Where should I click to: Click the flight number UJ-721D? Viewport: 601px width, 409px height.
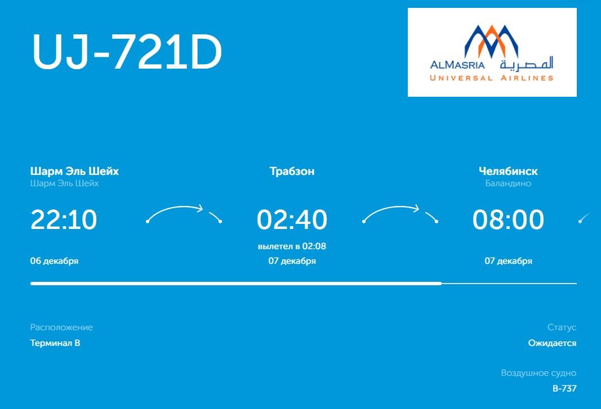click(127, 52)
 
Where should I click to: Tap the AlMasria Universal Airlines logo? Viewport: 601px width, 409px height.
click(492, 52)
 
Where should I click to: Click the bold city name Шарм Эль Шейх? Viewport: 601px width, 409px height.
click(74, 171)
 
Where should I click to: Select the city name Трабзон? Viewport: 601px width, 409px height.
click(292, 171)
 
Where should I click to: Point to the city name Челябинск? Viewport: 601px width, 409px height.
click(508, 171)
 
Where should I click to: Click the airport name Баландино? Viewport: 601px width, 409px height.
click(508, 183)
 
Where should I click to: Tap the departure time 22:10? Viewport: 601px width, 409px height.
click(64, 219)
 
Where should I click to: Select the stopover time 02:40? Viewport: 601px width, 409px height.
click(292, 219)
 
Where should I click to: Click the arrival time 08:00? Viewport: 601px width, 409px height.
click(508, 219)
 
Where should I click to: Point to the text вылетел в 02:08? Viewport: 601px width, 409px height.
click(292, 246)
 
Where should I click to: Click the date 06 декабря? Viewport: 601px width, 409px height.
click(54, 261)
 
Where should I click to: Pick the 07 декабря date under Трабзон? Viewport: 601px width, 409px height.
click(292, 261)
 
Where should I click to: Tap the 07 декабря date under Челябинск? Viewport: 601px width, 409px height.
click(508, 261)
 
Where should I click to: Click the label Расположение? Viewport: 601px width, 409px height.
click(61, 327)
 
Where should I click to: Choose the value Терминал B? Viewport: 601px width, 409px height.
click(55, 343)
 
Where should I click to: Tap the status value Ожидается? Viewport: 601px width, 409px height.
click(552, 343)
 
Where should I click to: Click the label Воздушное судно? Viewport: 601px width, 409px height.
click(538, 373)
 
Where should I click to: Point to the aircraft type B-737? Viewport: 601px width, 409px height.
click(564, 389)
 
